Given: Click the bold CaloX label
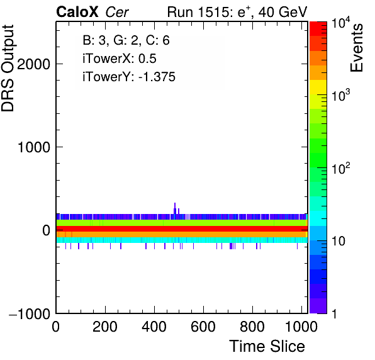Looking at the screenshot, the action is click(77, 12).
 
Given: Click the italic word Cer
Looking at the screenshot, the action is click(117, 12).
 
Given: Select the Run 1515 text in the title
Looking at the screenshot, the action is click(199, 12).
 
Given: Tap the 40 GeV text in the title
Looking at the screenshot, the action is click(283, 12).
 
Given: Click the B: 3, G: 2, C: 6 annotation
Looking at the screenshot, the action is click(126, 40).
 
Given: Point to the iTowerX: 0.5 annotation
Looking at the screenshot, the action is click(120, 59).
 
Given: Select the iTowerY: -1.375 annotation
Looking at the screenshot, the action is click(129, 77).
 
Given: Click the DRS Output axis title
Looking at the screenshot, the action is click(8, 68).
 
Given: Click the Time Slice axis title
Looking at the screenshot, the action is click(267, 346).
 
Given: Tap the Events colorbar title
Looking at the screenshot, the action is click(356, 48).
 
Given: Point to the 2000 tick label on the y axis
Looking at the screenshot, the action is click(33, 64).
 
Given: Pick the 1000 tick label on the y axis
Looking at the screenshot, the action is click(34, 147).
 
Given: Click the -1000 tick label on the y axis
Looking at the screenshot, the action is click(30, 313).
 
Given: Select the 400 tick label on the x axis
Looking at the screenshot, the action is click(154, 327).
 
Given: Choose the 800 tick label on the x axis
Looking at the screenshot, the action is click(252, 327).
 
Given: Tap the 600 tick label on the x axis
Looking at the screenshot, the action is click(203, 327).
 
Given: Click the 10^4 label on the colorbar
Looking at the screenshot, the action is click(341, 23).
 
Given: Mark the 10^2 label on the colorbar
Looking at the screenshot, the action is click(341, 168).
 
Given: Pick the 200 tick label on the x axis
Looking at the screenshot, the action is click(105, 327).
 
